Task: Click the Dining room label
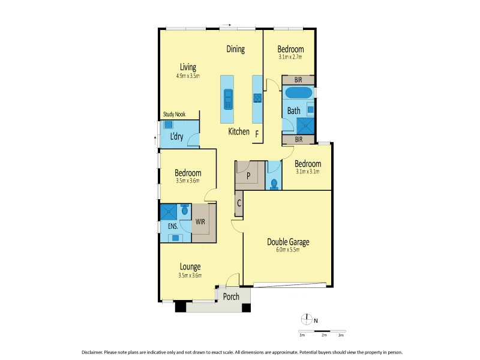[235, 50]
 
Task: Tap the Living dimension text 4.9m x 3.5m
[188, 76]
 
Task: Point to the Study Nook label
[175, 115]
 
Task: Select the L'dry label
[176, 136]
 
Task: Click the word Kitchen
[238, 131]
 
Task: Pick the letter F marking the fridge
[257, 133]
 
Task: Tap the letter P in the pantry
[248, 176]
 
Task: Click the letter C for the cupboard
[239, 203]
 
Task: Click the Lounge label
[190, 266]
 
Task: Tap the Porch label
[231, 296]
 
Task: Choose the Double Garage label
[288, 242]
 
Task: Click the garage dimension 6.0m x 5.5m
[287, 250]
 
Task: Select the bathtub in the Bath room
[298, 93]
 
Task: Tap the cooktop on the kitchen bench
[257, 98]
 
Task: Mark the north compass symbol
[307, 319]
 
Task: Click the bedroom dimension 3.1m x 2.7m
[290, 58]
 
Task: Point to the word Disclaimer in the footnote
[94, 352]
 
